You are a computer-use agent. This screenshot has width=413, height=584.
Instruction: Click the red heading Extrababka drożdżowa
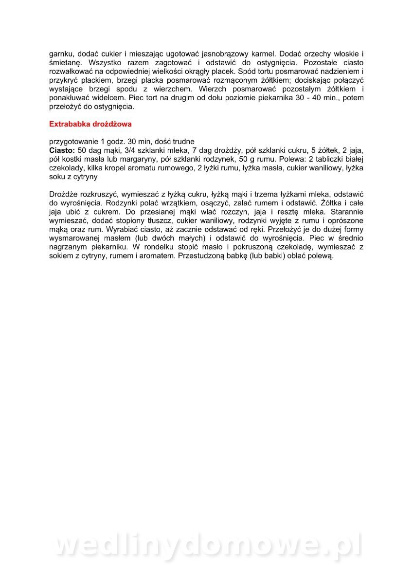pos(90,124)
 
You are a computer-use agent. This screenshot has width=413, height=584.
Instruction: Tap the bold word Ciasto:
pos(61,150)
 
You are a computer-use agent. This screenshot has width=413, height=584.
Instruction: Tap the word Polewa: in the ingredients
pos(293,159)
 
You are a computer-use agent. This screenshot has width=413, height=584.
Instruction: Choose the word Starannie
pos(347,212)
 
